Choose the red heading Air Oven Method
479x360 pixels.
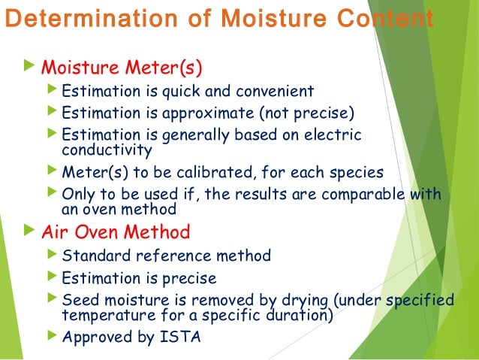[116, 230]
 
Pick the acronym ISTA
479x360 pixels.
[180, 337]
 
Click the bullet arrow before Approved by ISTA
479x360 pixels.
[51, 336]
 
